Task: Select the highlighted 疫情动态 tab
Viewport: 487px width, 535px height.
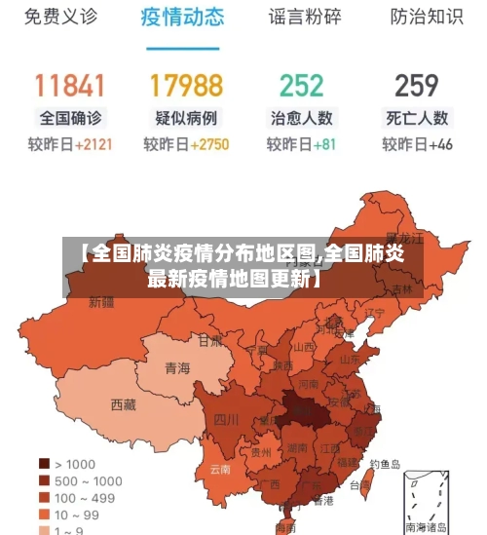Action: pyautogui.click(x=182, y=17)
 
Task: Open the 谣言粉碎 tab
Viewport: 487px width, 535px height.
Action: pyautogui.click(x=305, y=17)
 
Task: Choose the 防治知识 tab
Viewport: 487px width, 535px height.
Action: pyautogui.click(x=426, y=17)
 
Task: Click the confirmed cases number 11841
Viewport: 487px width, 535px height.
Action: pyautogui.click(x=70, y=85)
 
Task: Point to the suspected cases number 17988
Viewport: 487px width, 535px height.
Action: pyautogui.click(x=186, y=85)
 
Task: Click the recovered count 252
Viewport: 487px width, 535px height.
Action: pyautogui.click(x=301, y=85)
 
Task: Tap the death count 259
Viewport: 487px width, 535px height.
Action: pyautogui.click(x=417, y=85)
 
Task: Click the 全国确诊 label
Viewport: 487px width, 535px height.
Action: pyautogui.click(x=70, y=118)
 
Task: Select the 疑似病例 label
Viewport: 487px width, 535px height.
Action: pyautogui.click(x=186, y=118)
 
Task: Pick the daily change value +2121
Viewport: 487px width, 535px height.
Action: pyautogui.click(x=91, y=144)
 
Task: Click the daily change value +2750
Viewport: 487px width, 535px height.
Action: pyautogui.click(x=208, y=144)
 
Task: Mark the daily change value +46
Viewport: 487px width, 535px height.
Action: pyautogui.click(x=440, y=144)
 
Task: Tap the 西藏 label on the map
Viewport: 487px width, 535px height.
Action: pyautogui.click(x=124, y=404)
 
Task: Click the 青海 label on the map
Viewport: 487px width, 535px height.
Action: pyautogui.click(x=177, y=368)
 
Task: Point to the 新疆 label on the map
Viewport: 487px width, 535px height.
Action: pyautogui.click(x=101, y=302)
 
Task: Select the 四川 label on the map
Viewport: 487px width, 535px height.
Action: pyautogui.click(x=226, y=420)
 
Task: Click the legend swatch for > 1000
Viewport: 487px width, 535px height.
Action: pyautogui.click(x=44, y=464)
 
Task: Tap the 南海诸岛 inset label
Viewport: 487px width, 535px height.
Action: pyautogui.click(x=429, y=526)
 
